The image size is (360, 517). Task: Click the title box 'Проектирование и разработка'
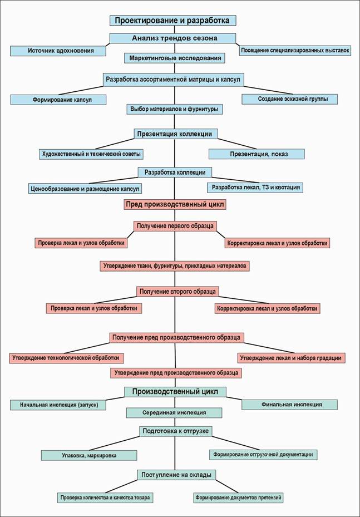point(172,21)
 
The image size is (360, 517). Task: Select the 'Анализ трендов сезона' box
point(174,38)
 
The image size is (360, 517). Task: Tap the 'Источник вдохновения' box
point(58,51)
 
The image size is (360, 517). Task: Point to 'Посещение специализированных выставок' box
point(295,51)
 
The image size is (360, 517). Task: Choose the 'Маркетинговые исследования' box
point(175,57)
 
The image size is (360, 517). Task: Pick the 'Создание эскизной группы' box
point(289,99)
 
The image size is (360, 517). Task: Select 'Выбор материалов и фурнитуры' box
point(175,109)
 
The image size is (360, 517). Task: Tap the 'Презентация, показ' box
point(257,154)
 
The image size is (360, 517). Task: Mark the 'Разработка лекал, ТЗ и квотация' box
point(254,187)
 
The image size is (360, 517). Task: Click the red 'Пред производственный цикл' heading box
point(175,204)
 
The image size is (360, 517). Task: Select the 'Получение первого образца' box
point(175,225)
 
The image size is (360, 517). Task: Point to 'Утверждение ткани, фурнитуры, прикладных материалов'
point(175,266)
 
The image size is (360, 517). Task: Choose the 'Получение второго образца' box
point(177,292)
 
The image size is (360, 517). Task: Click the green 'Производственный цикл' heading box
point(175,391)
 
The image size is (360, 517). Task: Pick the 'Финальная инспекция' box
point(289,405)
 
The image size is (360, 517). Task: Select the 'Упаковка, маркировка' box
point(89,455)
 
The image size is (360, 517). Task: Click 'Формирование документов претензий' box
point(238,497)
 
